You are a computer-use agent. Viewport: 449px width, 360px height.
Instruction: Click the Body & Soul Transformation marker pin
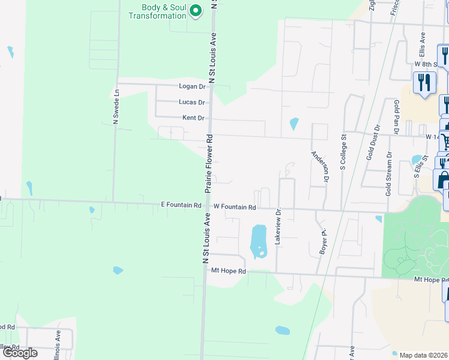195,10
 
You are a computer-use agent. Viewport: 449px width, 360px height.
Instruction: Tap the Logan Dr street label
191,86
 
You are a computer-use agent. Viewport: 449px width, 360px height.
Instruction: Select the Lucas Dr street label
191,102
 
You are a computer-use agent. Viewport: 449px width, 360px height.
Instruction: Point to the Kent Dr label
193,118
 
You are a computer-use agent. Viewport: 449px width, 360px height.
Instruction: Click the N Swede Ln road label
117,107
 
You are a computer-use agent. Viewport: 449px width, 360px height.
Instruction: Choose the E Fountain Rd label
181,205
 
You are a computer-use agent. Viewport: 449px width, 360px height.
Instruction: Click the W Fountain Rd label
235,207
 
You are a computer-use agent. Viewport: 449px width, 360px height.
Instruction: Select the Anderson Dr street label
319,166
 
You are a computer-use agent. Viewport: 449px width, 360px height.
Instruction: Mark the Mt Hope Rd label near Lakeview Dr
229,271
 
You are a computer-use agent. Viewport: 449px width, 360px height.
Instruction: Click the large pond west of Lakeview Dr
258,241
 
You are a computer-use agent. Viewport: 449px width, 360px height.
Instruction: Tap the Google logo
20,353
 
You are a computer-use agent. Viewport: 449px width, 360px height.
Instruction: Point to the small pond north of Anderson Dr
294,124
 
